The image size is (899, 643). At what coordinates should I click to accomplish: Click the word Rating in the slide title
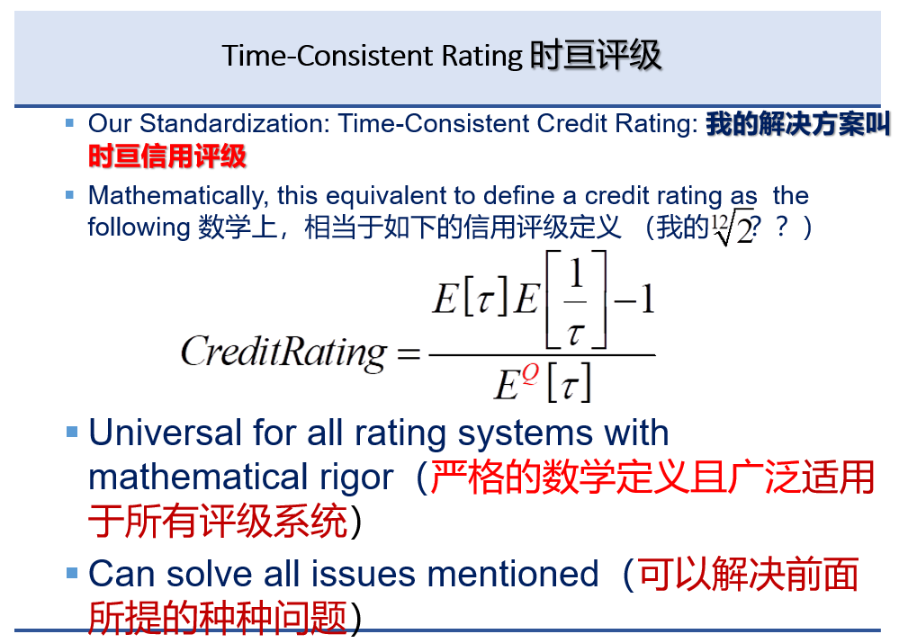pos(481,57)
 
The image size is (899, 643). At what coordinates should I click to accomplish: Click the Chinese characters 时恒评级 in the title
pos(595,56)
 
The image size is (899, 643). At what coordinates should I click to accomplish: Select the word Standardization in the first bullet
pos(235,124)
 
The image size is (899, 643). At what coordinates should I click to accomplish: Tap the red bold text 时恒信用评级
pos(166,156)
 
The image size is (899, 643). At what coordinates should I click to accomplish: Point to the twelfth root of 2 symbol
pos(733,228)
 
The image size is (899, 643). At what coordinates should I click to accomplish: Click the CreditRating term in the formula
pos(283,352)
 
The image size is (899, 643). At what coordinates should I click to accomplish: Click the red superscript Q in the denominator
pos(530,374)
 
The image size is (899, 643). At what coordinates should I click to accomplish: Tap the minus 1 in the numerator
pos(634,299)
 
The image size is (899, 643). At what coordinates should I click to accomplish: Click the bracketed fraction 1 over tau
pos(576,299)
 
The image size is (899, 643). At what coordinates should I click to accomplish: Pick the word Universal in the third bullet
pos(165,433)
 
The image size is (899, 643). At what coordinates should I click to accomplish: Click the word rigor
pos(356,478)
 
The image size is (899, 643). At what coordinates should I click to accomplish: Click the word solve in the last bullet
pos(210,574)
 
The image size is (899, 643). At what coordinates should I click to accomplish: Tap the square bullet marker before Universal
pos(72,431)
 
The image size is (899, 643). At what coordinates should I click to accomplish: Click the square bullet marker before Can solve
pos(72,573)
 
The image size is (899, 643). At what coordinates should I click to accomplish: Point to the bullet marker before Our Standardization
pos(70,122)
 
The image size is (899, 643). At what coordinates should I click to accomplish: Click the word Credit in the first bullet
pos(571,124)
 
